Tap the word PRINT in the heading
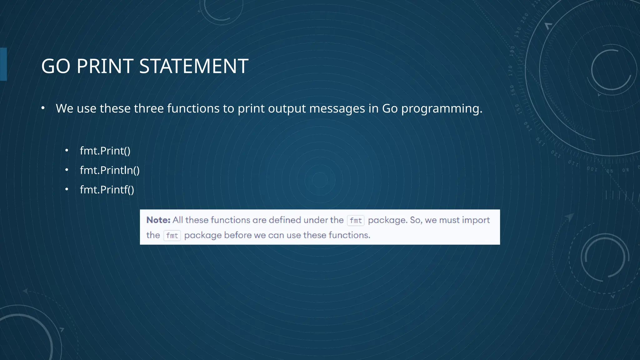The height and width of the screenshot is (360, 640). pos(105,66)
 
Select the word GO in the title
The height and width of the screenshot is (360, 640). pos(56,66)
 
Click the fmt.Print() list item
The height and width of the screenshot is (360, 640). pos(105,151)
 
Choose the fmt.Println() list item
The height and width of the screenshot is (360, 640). pos(110,170)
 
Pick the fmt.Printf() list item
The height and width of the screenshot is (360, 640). pos(107,190)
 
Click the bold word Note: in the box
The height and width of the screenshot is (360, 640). pos(158,220)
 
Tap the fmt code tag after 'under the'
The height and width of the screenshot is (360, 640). pos(356,221)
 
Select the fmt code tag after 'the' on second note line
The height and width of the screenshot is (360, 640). pos(172,236)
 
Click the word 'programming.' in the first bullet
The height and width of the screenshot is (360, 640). pos(442,109)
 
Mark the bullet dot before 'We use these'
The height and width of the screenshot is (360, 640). pos(43,108)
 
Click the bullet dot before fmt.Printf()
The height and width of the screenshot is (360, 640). pos(67,189)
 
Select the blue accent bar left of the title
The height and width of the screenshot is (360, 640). pos(3,64)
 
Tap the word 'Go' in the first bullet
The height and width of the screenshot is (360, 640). pos(390,108)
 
